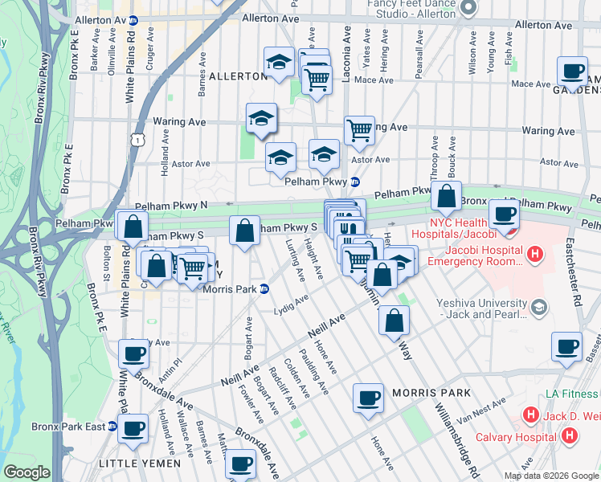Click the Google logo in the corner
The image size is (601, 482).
pos(26,472)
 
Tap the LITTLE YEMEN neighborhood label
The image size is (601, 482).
pos(133,464)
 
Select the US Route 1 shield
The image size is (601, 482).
pos(140,141)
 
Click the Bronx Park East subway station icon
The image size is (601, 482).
pos(112,427)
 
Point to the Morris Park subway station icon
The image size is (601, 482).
pos(262,290)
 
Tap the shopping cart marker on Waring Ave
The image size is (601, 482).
pos(359,129)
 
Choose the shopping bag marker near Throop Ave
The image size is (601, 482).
pos(445,195)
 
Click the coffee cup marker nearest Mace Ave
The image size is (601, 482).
pos(572,71)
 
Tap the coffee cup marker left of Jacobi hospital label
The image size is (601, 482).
pos(504,214)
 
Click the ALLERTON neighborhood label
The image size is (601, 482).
pos(237,76)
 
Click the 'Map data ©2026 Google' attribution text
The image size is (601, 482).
pos(550,476)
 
